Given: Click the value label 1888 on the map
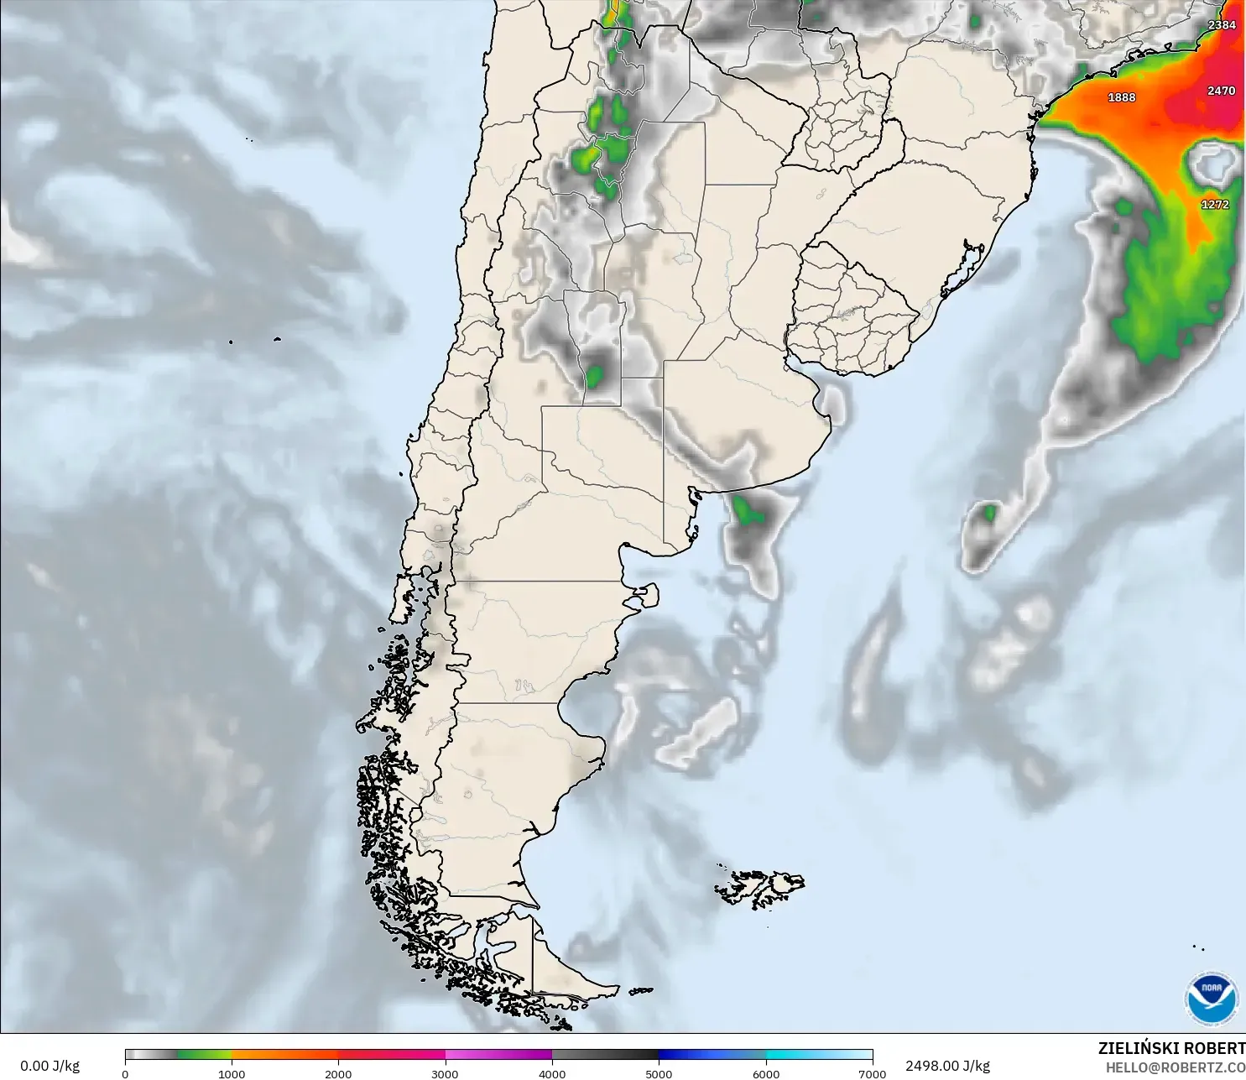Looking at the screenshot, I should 1121,97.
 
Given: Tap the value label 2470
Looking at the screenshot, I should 1221,91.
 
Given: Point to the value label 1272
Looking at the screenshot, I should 1214,205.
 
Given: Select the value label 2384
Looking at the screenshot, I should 1222,25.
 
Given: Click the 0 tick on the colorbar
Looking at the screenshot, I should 125,1073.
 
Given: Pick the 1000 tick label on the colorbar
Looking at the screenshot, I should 232,1073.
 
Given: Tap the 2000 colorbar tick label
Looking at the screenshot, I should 338,1073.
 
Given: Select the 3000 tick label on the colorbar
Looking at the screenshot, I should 445,1073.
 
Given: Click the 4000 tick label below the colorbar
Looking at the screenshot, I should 552,1073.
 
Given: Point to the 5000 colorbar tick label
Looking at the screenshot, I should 659,1073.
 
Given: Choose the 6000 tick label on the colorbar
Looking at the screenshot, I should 765,1073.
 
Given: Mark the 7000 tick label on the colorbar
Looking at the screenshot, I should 872,1073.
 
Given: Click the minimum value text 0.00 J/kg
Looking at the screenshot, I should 50,1066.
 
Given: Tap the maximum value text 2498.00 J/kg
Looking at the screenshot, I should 947,1066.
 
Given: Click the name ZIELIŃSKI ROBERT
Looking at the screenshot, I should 1171,1049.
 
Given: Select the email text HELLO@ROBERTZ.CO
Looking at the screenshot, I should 1175,1067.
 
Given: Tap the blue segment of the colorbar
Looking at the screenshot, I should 712,1055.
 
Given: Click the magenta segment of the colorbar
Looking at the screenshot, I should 498,1055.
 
